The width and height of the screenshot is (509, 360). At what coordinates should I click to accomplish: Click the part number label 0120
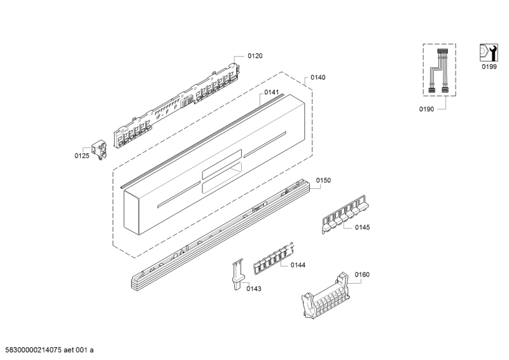click(x=255, y=56)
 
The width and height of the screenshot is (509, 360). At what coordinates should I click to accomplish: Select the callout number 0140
click(x=317, y=77)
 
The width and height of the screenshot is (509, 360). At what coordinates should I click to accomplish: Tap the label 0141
click(x=272, y=92)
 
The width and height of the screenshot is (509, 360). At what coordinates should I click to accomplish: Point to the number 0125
click(x=82, y=156)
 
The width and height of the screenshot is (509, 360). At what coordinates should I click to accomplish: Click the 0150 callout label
click(x=323, y=181)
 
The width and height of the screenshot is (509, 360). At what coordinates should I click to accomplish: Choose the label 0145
click(x=362, y=227)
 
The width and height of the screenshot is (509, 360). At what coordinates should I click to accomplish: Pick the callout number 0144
click(x=298, y=265)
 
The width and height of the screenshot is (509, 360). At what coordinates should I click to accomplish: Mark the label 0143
click(x=253, y=289)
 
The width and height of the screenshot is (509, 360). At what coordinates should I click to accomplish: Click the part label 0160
click(x=362, y=275)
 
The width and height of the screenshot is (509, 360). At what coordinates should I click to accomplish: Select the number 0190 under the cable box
click(x=426, y=109)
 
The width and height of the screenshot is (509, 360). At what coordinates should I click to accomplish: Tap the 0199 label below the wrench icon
click(x=489, y=67)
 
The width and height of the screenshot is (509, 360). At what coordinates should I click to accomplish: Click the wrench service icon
click(x=489, y=53)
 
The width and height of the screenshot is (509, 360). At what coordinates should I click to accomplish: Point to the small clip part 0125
click(x=99, y=150)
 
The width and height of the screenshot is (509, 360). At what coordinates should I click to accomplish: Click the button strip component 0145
click(x=345, y=214)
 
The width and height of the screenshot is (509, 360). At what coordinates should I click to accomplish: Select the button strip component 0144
click(x=274, y=259)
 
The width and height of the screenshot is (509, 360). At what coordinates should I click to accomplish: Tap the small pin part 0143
click(x=237, y=275)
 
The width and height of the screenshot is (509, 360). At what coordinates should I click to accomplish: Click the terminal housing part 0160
click(x=326, y=296)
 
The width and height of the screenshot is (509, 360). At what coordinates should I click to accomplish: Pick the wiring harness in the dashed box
click(x=438, y=71)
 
